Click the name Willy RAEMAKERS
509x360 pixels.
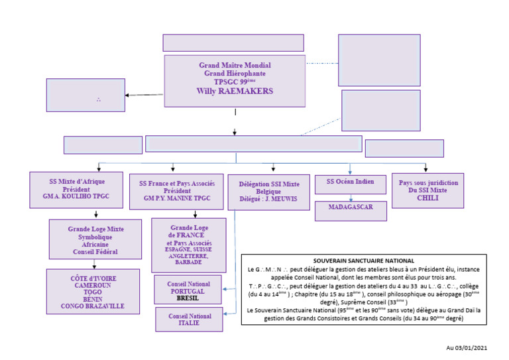pyautogui.click(x=235, y=91)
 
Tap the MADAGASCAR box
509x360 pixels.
pyautogui.click(x=351, y=208)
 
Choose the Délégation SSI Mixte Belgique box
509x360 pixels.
pyautogui.click(x=272, y=192)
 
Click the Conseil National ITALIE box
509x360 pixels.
pyautogui.click(x=189, y=320)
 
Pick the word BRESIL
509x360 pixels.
pyautogui.click(x=189, y=299)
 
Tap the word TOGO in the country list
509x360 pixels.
pyautogui.click(x=93, y=290)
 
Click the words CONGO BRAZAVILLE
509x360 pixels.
pyautogui.click(x=93, y=306)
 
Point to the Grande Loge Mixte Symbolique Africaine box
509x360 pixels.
pyautogui.click(x=95, y=239)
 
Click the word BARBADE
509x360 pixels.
pyautogui.click(x=188, y=262)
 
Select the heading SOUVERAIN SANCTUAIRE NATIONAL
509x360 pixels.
pyautogui.click(x=363, y=261)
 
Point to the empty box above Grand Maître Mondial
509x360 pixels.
pyautogui.click(x=233, y=43)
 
